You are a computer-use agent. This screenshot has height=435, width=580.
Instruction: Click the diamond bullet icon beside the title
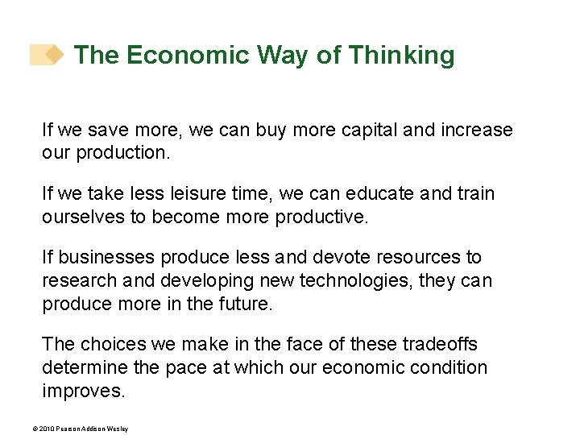(54, 55)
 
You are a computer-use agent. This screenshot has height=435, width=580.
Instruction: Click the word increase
(475, 130)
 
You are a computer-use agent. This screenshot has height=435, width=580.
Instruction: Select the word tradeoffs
(438, 345)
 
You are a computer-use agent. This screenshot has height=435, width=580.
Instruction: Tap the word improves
(84, 391)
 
